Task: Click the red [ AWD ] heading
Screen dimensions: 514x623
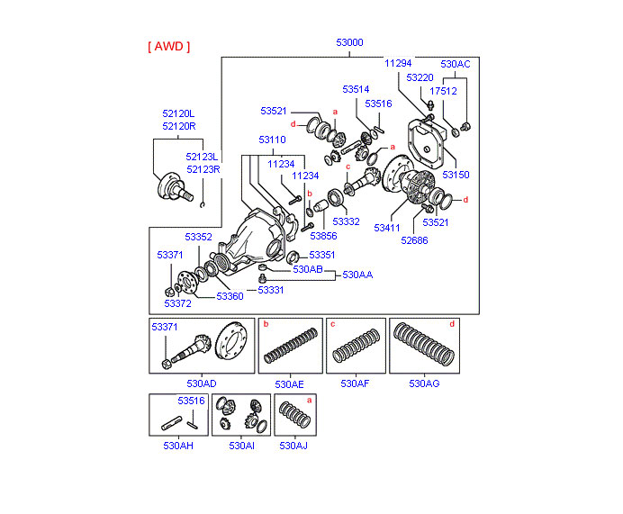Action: coord(168,46)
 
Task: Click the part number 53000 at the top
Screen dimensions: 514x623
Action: coord(350,42)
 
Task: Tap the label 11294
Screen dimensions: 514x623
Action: coord(397,63)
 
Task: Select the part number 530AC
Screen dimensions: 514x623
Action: coord(455,64)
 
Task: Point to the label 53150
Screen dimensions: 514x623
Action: coord(456,175)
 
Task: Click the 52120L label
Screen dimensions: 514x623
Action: coord(178,113)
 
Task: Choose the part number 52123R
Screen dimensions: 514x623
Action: coord(203,168)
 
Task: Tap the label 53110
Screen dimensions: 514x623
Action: coord(272,140)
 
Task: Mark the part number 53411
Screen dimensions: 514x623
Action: coord(388,228)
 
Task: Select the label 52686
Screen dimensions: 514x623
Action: coord(415,240)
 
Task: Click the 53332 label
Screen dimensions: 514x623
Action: coord(346,221)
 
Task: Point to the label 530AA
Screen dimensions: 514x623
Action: coord(357,275)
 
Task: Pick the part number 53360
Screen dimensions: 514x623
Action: coord(230,296)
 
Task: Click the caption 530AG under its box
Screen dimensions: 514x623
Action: coord(424,383)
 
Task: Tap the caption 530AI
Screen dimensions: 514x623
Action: coord(241,446)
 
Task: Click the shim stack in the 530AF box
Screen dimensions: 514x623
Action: coord(355,346)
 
